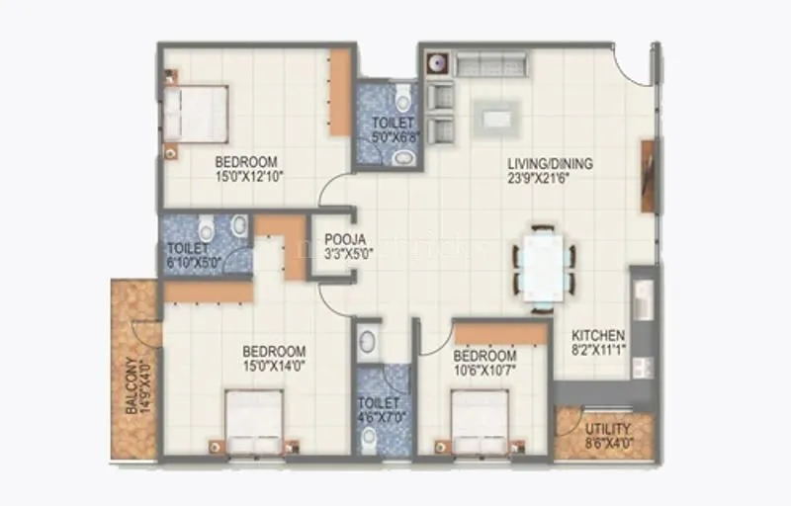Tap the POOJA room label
click(345, 238)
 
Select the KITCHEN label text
click(598, 335)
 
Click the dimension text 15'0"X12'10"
click(246, 178)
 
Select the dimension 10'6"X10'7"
click(484, 371)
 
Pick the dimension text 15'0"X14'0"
click(274, 367)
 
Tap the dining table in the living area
click(543, 263)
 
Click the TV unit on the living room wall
click(648, 176)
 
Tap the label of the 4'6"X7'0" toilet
click(380, 403)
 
